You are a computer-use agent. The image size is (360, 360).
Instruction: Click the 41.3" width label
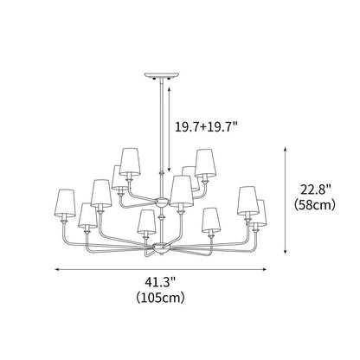click(159, 282)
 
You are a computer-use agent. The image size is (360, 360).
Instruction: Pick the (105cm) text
click(160, 298)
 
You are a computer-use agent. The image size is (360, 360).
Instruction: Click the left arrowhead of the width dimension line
click(58, 270)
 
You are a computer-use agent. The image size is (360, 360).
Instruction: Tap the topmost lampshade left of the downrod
click(130, 159)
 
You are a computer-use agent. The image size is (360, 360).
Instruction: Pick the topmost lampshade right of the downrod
click(204, 161)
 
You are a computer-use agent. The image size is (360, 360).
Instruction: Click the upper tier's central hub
click(162, 201)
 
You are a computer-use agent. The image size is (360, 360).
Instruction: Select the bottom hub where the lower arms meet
click(161, 249)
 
